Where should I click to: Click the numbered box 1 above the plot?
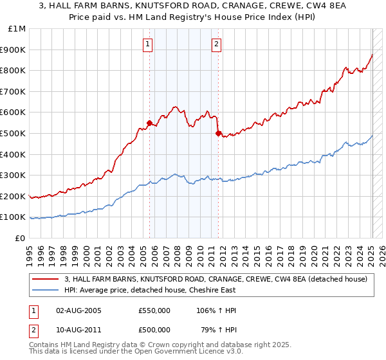149,44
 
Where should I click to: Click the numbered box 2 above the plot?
217,44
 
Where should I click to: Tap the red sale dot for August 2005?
149,123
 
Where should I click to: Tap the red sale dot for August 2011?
218,133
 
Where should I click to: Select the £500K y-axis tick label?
14,134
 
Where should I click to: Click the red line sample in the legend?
46,278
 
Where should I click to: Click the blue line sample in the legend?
46,289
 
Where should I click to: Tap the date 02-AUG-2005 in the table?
78,310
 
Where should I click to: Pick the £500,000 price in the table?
154,330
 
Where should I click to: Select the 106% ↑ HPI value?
216,310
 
